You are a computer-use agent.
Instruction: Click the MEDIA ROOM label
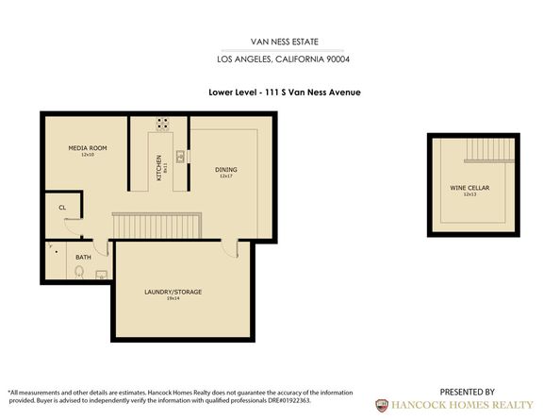87,148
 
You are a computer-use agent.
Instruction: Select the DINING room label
225,170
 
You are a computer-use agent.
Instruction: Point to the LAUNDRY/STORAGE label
173,292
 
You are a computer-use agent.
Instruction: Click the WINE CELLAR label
469,188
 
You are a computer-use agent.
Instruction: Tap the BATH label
83,257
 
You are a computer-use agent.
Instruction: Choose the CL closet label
61,207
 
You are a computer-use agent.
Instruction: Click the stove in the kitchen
163,123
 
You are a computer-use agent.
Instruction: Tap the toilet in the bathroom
79,273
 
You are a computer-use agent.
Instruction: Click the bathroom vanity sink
101,275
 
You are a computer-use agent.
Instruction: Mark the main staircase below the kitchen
157,226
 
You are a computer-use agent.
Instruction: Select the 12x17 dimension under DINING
225,176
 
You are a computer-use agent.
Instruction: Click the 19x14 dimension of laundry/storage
173,298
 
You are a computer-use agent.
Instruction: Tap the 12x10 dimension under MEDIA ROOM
87,155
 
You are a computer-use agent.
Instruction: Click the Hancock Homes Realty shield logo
381,404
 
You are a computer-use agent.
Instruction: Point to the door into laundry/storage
232,247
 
